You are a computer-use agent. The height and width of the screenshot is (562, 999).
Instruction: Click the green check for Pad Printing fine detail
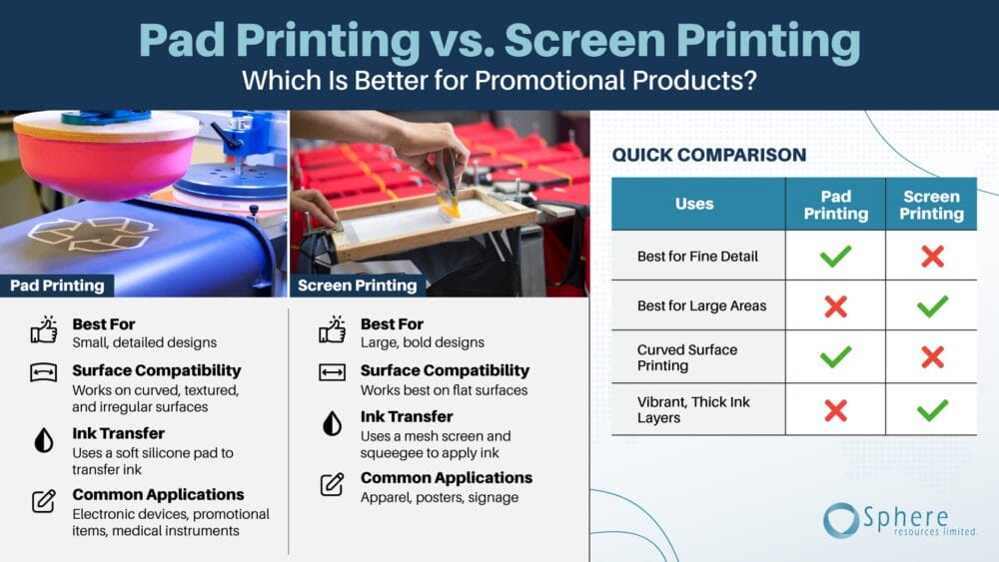click(835, 256)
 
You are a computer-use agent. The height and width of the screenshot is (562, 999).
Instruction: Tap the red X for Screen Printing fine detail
click(932, 256)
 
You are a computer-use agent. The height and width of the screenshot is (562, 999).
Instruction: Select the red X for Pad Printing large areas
click(835, 306)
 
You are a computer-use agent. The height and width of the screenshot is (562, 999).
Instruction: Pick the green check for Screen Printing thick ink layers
click(932, 410)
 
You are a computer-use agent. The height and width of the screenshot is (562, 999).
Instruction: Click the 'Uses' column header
click(694, 204)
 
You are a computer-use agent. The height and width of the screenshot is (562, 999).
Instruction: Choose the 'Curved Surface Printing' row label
click(687, 357)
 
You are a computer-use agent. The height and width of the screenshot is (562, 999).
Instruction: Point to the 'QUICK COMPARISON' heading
click(709, 155)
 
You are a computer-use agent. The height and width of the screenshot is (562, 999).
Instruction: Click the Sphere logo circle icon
click(841, 520)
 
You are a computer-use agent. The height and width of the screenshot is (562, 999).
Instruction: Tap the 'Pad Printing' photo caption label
click(57, 285)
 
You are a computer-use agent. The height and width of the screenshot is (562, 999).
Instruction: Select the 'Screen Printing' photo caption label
click(357, 285)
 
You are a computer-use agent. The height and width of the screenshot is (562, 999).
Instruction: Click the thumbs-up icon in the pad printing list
click(44, 329)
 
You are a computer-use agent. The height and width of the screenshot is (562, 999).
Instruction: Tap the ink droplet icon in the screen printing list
click(332, 423)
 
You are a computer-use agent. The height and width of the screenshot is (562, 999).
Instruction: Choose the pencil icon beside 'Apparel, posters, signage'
click(332, 484)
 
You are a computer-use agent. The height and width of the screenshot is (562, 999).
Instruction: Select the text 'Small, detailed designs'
click(145, 342)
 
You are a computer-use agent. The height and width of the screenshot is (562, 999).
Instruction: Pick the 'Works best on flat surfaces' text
click(445, 390)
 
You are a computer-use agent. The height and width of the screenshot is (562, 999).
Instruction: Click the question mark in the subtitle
click(750, 81)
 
